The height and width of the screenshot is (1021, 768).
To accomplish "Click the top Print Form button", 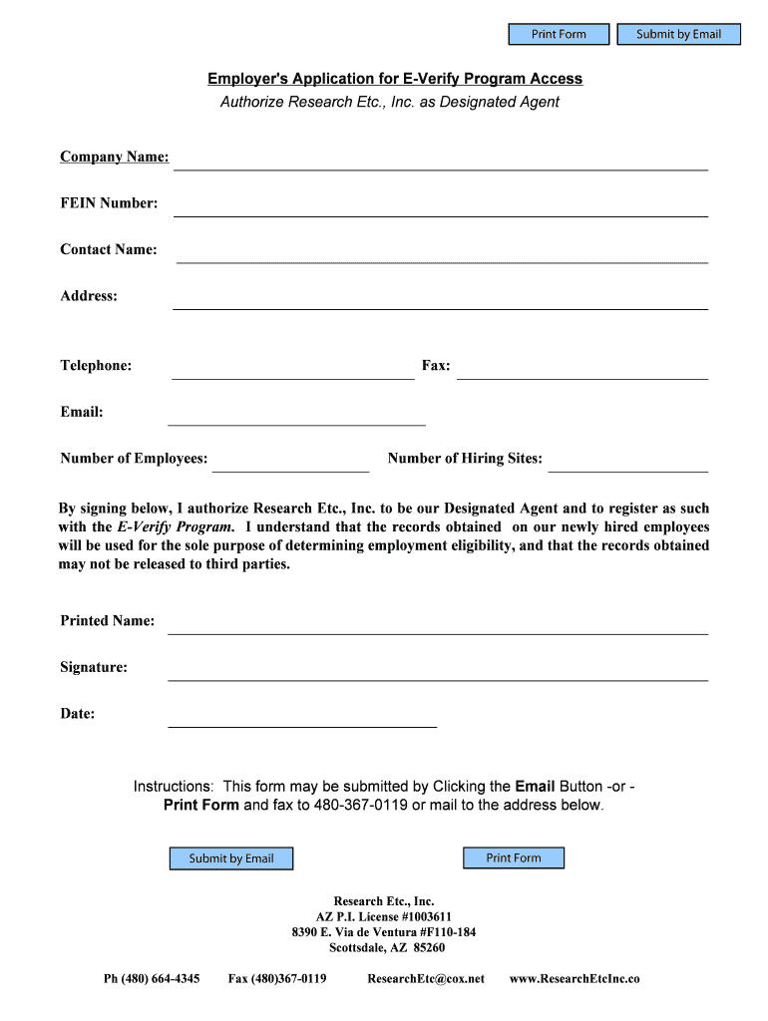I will point(559,35).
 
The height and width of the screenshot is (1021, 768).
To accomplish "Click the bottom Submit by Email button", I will point(231,858).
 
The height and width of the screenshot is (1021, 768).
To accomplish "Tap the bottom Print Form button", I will point(514,858).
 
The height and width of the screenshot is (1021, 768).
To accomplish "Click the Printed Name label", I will point(108,621).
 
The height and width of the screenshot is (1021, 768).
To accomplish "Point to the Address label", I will point(89,296).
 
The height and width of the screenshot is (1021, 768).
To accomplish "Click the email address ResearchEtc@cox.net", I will point(426,979).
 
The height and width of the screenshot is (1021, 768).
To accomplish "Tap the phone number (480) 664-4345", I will point(152,979).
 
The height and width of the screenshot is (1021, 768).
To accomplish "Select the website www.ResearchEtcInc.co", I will point(575,979).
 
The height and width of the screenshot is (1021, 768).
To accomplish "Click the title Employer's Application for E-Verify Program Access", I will point(395,79).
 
